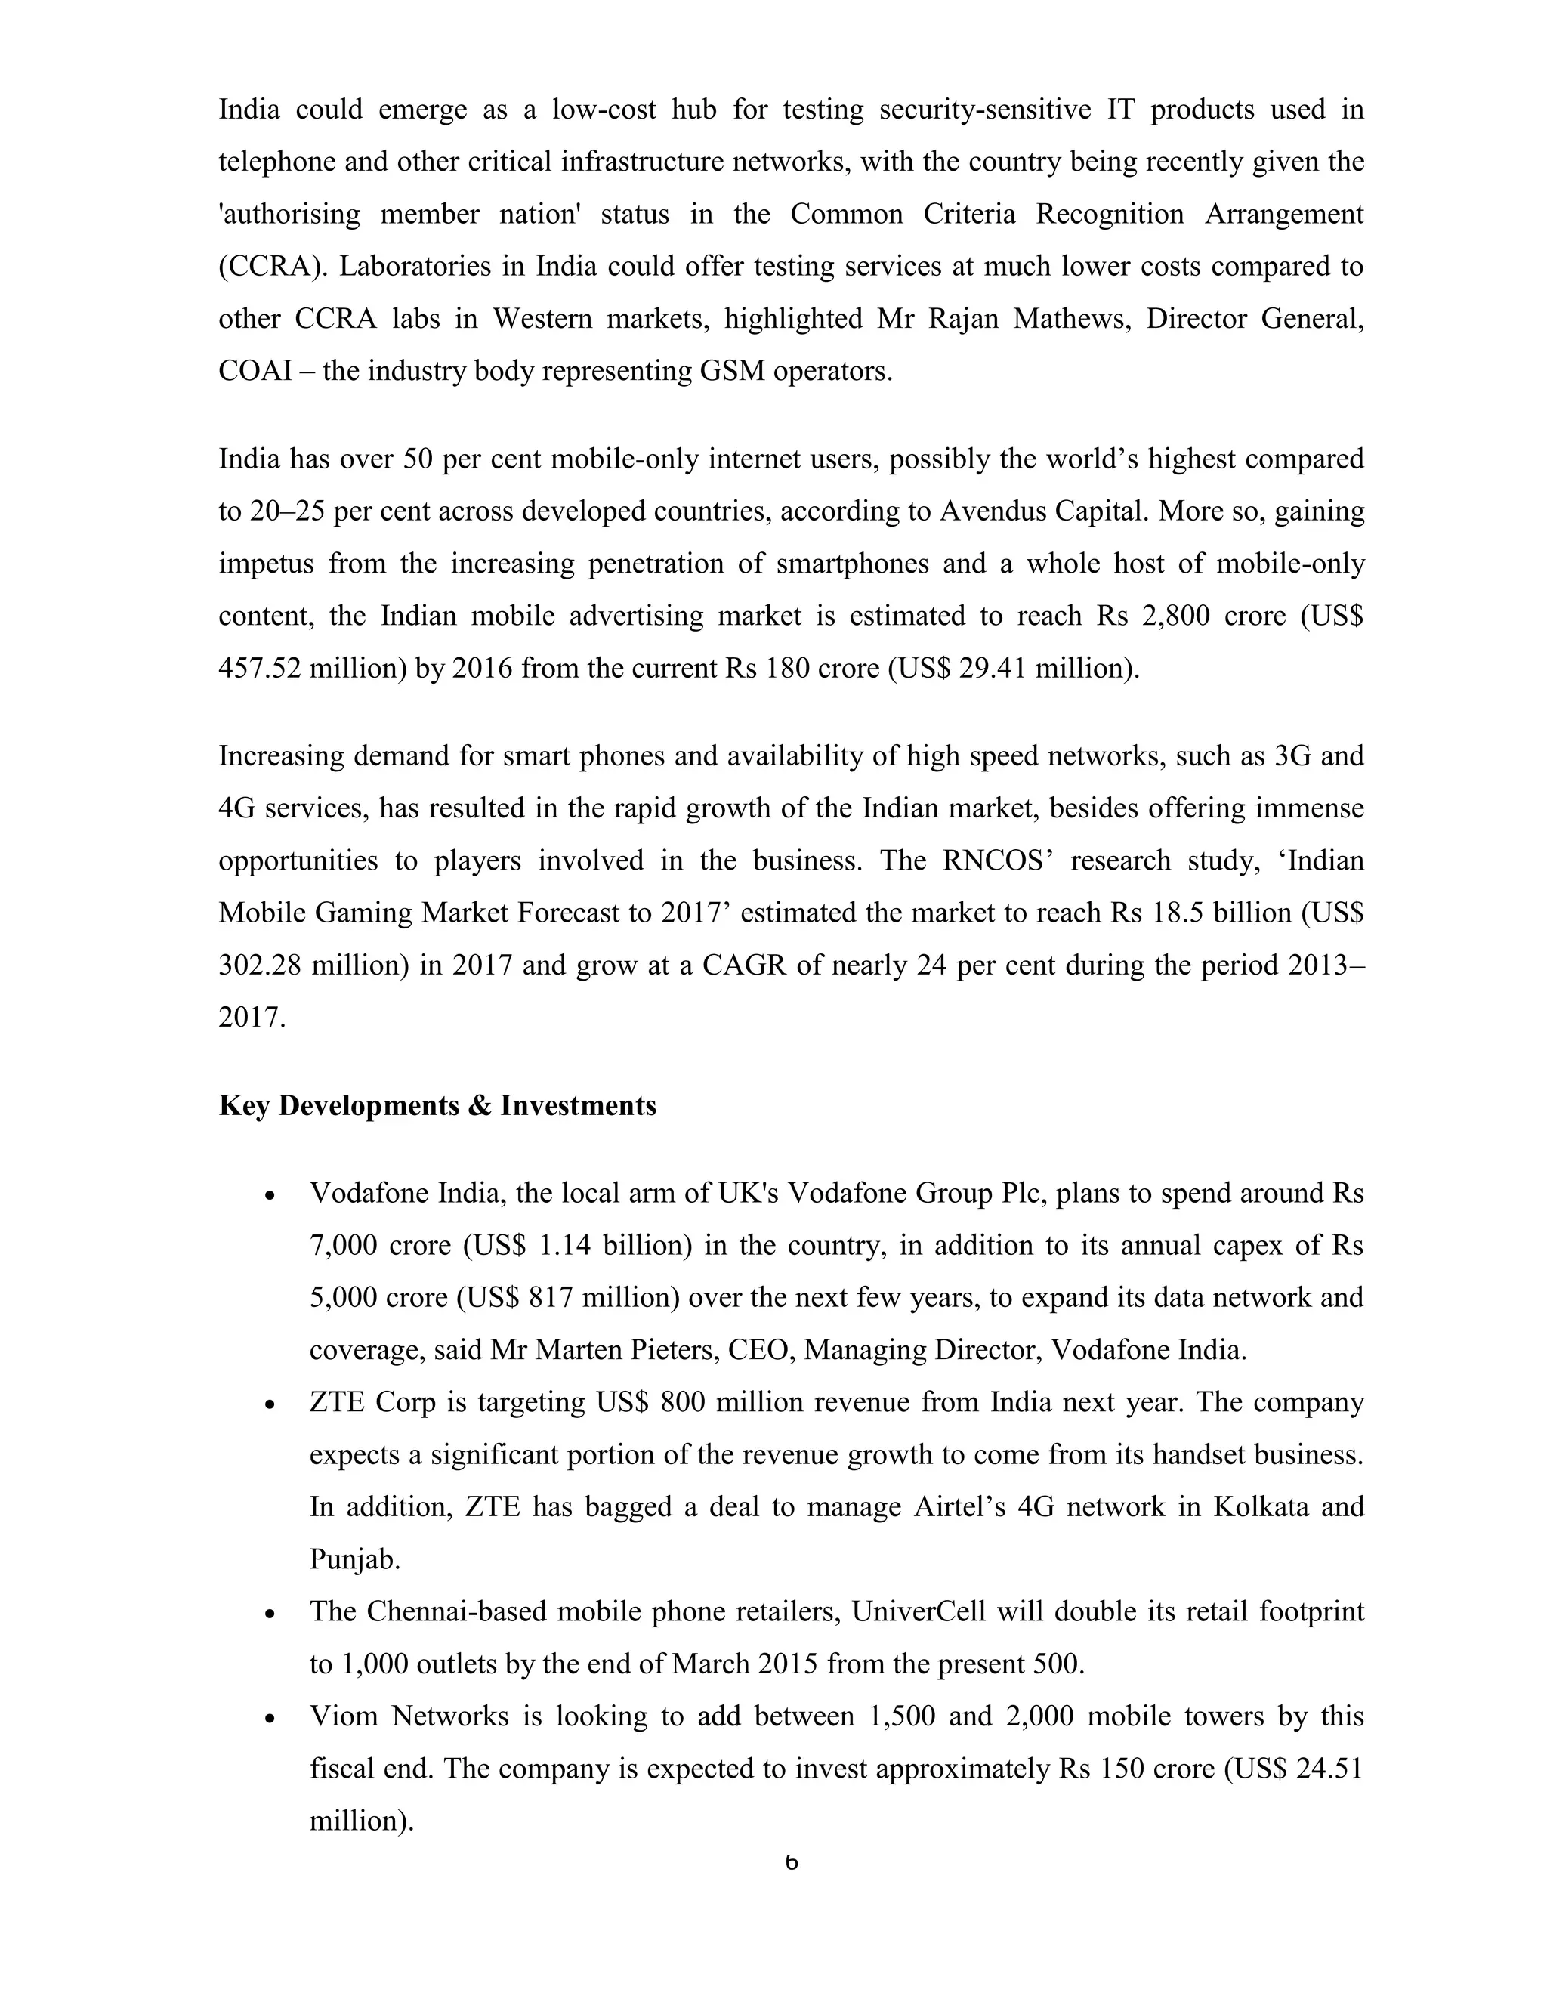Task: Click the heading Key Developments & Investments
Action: coord(437,1105)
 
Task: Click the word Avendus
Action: coord(993,511)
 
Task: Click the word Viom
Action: coord(344,1716)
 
